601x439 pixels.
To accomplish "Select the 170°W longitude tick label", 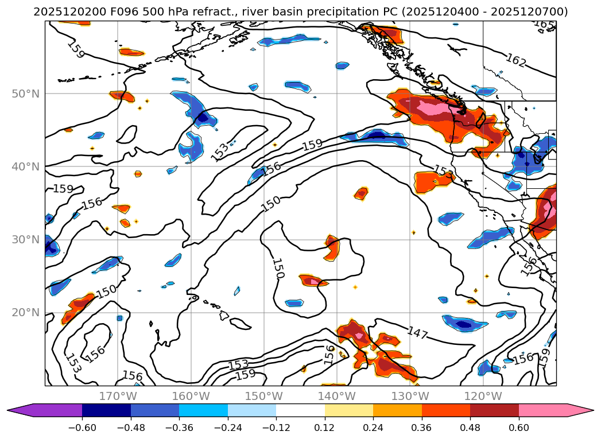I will [118, 396].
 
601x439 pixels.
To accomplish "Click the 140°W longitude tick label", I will [337, 396].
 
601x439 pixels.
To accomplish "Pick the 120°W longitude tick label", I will [483, 396].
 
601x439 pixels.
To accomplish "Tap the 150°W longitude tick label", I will [264, 396].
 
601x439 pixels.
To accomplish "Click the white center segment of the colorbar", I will [300, 410].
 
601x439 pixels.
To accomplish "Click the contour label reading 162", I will [515, 60].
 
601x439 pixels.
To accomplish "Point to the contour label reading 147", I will [417, 333].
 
